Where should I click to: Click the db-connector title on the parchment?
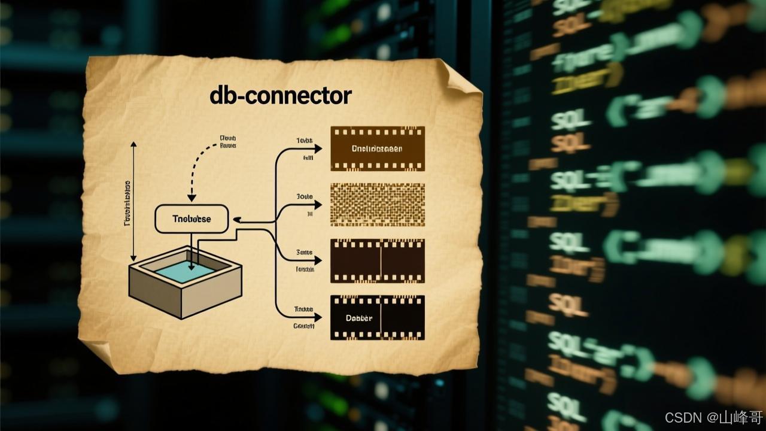click(280, 95)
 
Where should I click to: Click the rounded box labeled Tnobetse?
click(191, 218)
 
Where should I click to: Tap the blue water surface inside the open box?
click(186, 271)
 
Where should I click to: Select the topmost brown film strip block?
click(378, 148)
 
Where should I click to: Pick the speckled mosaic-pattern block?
click(378, 205)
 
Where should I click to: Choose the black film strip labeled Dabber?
click(378, 318)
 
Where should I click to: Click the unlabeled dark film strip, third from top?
click(378, 261)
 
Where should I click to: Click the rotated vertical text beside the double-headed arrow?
click(127, 204)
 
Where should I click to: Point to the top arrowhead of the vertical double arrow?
click(133, 144)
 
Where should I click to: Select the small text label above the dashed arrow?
click(228, 141)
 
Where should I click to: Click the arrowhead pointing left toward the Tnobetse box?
click(236, 220)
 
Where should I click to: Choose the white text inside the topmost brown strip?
click(377, 148)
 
